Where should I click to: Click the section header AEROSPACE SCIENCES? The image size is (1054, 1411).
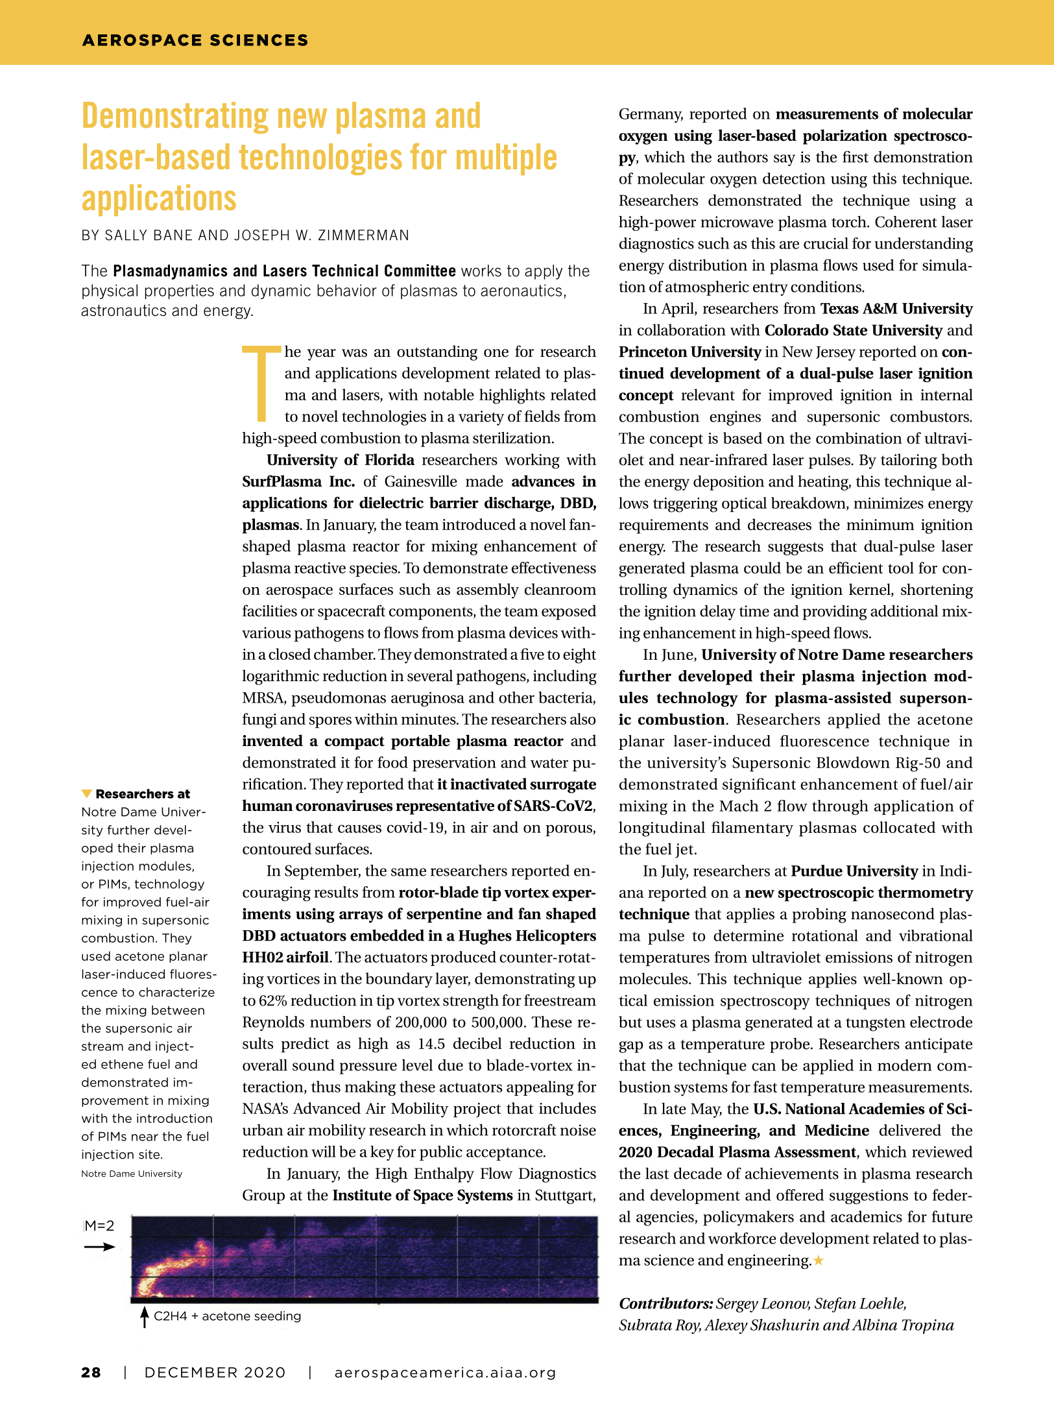195,40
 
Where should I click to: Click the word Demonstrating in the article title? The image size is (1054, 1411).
174,117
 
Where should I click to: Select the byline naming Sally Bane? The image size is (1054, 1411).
245,235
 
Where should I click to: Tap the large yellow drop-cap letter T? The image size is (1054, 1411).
262,384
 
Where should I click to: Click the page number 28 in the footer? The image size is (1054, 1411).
91,1372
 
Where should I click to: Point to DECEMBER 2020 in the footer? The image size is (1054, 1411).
215,1372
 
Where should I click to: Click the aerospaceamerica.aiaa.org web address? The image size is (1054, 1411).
445,1372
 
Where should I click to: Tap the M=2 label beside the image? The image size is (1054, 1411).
99,1225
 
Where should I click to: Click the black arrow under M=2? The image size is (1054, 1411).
99,1246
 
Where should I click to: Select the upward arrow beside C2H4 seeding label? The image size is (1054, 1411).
145,1317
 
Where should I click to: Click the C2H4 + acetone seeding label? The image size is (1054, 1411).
228,1316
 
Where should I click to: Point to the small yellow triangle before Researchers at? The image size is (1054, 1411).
86,793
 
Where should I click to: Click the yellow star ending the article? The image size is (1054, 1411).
819,1260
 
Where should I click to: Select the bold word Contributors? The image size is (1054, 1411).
665,1303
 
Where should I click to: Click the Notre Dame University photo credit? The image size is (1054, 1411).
132,1174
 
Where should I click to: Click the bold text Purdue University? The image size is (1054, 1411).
854,871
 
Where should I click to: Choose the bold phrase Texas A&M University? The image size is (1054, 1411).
896,309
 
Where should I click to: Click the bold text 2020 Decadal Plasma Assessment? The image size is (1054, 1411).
737,1152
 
